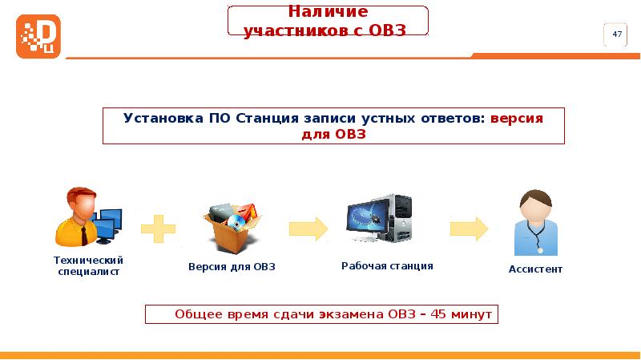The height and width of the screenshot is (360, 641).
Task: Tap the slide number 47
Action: pyautogui.click(x=617, y=34)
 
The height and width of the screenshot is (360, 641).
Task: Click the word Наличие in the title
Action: pyautogui.click(x=328, y=12)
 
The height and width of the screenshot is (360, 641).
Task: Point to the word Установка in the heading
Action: pyautogui.click(x=163, y=117)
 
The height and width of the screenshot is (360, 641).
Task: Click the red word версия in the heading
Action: pyautogui.click(x=516, y=117)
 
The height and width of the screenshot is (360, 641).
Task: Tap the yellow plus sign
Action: pyautogui.click(x=159, y=228)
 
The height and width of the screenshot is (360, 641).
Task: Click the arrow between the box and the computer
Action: pyautogui.click(x=308, y=228)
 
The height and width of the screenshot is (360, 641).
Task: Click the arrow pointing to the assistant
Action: pyautogui.click(x=469, y=228)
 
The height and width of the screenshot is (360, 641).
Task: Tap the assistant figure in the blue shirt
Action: pyautogui.click(x=534, y=224)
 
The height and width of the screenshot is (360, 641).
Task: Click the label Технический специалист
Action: pyautogui.click(x=87, y=265)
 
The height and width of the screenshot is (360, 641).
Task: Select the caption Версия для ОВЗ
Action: pyautogui.click(x=232, y=266)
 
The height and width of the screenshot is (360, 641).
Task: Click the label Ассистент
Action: pyautogui.click(x=535, y=269)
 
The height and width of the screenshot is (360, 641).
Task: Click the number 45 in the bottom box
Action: pyautogui.click(x=438, y=313)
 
